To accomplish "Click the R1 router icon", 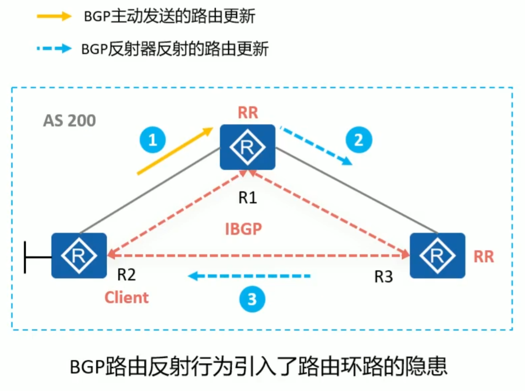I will click(x=247, y=147).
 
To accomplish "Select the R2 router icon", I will click(x=79, y=255).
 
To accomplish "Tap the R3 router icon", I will click(x=437, y=255).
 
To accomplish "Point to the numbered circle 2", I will click(x=359, y=140).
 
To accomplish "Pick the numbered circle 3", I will click(x=252, y=300).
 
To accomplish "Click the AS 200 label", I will click(x=69, y=121).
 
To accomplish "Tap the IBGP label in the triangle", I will click(x=244, y=228).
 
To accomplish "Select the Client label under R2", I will click(x=127, y=297).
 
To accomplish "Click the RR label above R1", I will click(x=248, y=112).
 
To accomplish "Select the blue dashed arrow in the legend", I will click(x=54, y=49).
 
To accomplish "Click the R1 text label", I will click(x=248, y=198).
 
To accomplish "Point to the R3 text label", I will click(x=384, y=277).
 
